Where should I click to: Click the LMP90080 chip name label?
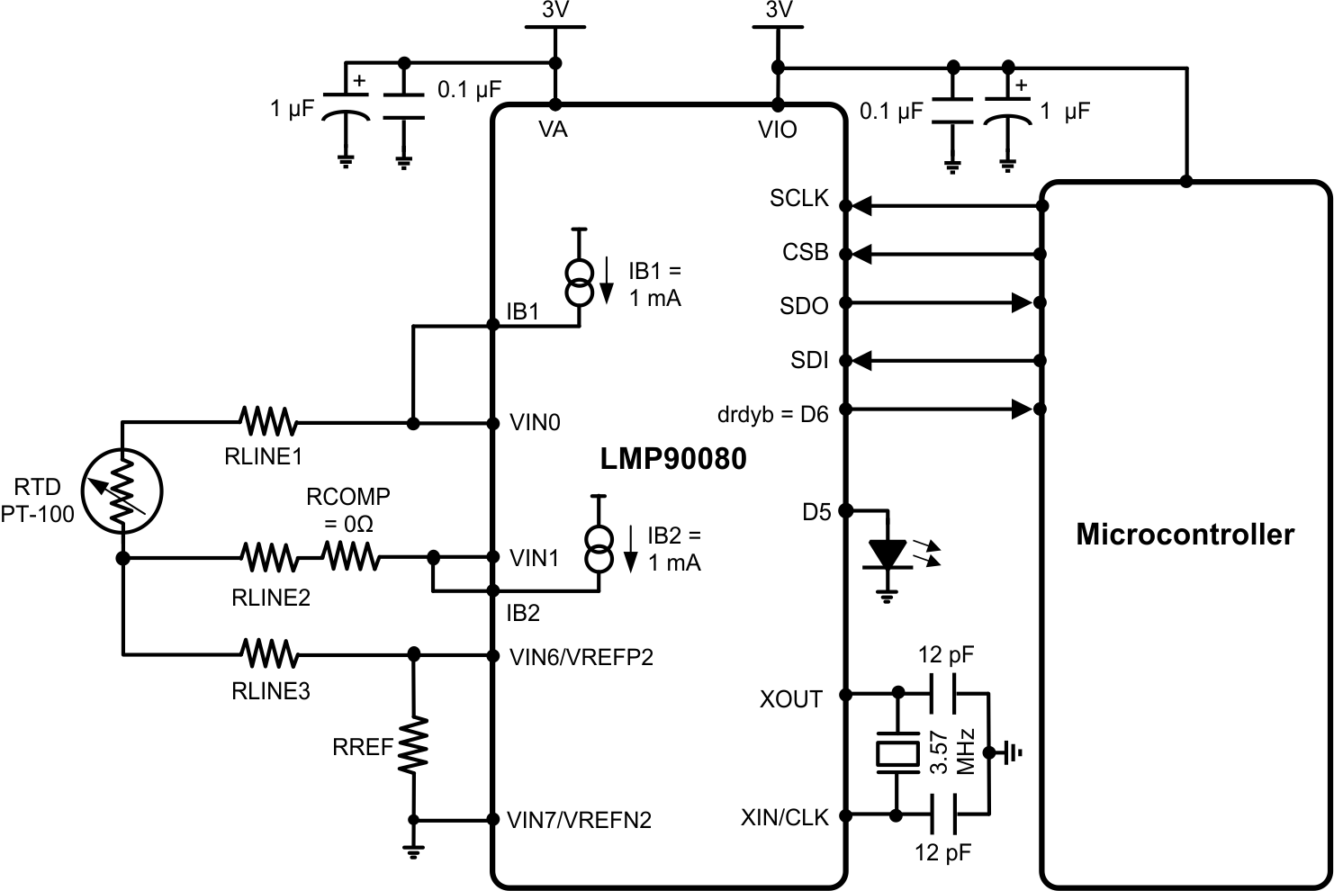click(673, 459)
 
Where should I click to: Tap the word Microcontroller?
click(1185, 535)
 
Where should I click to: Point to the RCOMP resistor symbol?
click(351, 558)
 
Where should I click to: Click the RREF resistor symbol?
click(414, 745)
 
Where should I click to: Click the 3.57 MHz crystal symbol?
click(897, 755)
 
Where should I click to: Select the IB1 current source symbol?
click(581, 281)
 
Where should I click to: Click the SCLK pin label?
click(798, 199)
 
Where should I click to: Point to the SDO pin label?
click(803, 307)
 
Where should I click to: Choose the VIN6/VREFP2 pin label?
click(581, 658)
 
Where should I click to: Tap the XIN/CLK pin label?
click(784, 818)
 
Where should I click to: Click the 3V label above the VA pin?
click(554, 10)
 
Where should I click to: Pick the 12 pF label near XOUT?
click(945, 654)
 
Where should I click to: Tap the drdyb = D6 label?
click(772, 414)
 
